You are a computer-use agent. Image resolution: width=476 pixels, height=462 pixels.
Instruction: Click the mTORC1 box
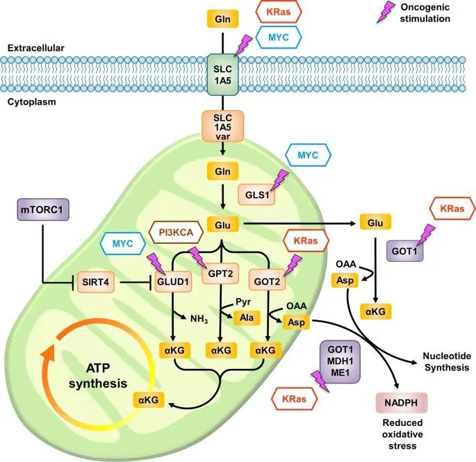coord(42,209)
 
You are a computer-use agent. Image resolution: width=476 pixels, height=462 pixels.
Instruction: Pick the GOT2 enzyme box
coord(267,282)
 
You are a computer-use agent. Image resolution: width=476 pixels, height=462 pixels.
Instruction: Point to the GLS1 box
coord(255,195)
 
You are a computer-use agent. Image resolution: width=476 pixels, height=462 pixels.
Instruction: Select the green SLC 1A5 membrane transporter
coord(222,73)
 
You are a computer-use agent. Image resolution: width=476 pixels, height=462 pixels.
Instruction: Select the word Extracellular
coord(35,48)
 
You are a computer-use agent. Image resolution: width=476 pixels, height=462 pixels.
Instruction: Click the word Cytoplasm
coord(32,101)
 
